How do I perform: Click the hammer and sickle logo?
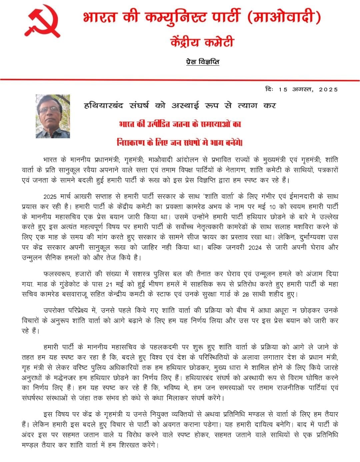click(43, 21)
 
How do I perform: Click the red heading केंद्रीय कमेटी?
click(202, 42)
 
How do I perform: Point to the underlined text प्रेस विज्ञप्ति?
click(202, 62)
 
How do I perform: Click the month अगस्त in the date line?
click(302, 89)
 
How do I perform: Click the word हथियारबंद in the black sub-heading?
click(103, 106)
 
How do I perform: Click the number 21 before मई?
click(109, 284)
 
